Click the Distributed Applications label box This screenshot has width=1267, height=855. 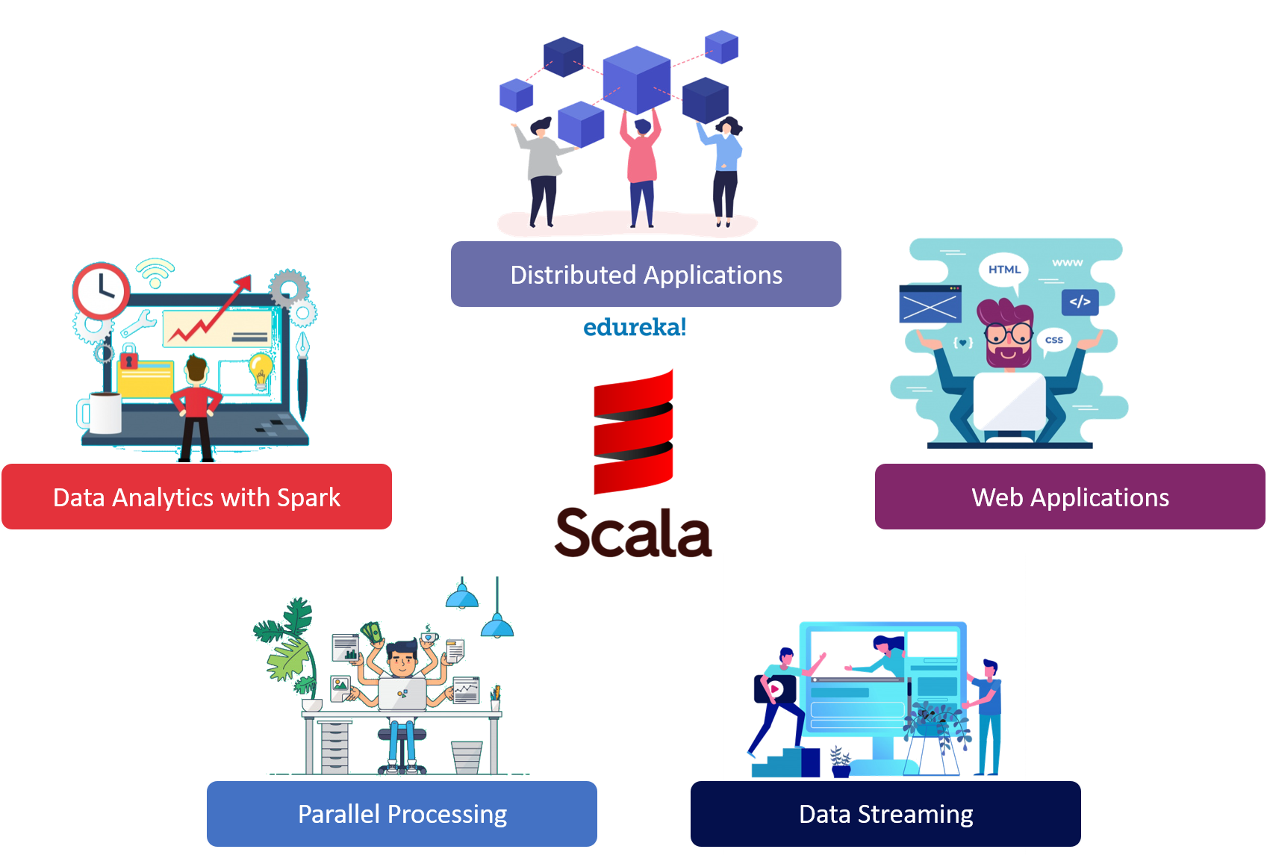pyautogui.click(x=646, y=274)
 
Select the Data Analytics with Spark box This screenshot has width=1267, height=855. pyautogui.click(x=196, y=497)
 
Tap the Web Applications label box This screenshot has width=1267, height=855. pyautogui.click(x=1070, y=497)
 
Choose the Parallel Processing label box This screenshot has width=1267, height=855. pyautogui.click(x=402, y=813)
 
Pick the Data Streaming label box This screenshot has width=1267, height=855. pyautogui.click(x=885, y=813)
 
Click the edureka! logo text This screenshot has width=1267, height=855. pyautogui.click(x=634, y=327)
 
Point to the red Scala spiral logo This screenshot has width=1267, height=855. pyautogui.click(x=633, y=431)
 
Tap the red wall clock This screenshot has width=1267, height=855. pyautogui.click(x=102, y=290)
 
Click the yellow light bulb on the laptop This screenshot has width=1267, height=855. pyautogui.click(x=261, y=370)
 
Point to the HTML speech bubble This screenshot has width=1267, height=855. pyautogui.click(x=1003, y=270)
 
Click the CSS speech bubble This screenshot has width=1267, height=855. pyautogui.click(x=1053, y=340)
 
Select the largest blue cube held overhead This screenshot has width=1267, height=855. pyautogui.click(x=637, y=78)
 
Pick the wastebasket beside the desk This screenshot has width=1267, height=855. pyautogui.click(x=467, y=756)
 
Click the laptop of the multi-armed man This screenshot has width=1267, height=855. pyautogui.click(x=402, y=694)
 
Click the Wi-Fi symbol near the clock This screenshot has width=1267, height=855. pyautogui.click(x=155, y=273)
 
